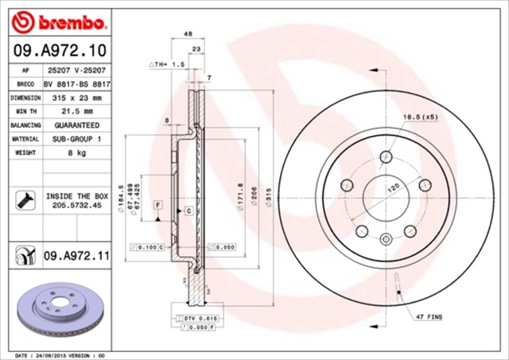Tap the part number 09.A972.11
(76, 255)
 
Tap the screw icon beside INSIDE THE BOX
(24, 200)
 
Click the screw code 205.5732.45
(77, 205)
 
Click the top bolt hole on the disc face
(386, 157)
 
